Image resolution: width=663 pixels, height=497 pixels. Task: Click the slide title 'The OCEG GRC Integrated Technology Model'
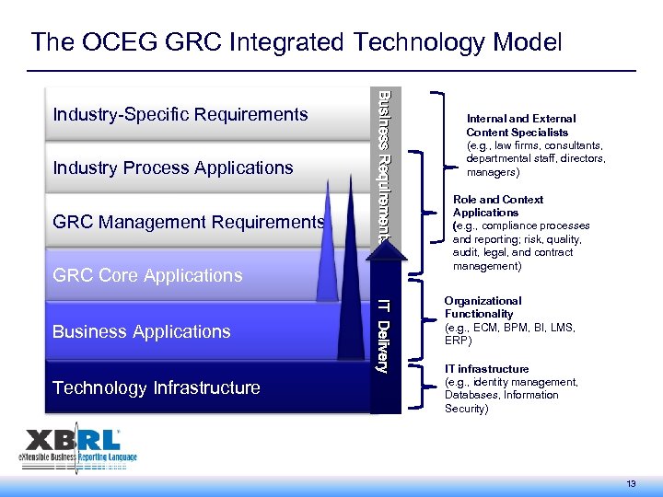[296, 41]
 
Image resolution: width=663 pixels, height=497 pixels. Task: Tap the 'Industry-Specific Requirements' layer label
[180, 114]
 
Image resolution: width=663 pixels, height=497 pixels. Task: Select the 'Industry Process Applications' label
[173, 168]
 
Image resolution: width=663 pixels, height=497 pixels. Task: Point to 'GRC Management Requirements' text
[189, 222]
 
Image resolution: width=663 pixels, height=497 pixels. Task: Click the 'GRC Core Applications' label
[148, 275]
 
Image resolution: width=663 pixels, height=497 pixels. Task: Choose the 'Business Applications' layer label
[142, 331]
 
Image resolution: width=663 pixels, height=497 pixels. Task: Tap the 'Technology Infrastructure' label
[157, 387]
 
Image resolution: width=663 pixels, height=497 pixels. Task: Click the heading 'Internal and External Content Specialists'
[520, 125]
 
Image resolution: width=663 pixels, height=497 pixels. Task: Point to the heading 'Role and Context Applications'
[497, 205]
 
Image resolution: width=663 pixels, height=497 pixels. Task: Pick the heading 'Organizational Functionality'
[483, 307]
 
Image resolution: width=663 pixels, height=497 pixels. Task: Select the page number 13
[632, 484]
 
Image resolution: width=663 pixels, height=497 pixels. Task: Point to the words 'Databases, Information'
[501, 395]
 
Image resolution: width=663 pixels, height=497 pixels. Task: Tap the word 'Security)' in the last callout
[467, 408]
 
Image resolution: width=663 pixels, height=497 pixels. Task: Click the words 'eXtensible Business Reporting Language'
[78, 457]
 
